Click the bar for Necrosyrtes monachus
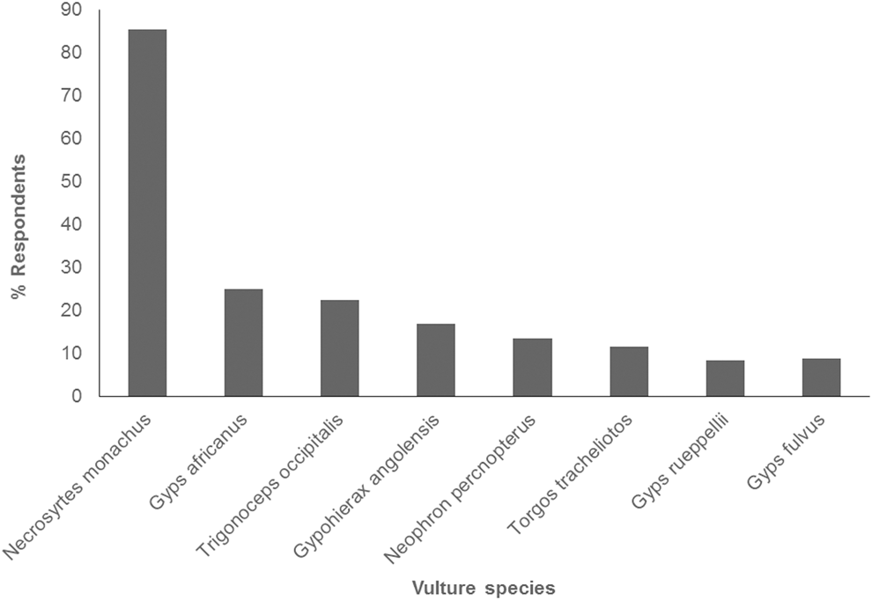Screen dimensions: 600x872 coord(147,213)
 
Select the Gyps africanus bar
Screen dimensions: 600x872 coord(243,342)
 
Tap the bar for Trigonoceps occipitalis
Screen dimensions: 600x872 coord(339,348)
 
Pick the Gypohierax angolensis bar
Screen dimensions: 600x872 coord(435,360)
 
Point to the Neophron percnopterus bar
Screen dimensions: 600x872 coord(532,367)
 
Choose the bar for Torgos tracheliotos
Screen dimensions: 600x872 coord(628,371)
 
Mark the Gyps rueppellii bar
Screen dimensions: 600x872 coord(724,378)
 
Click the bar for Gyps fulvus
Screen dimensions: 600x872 coord(821,377)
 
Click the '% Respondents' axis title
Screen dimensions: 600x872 coord(18,227)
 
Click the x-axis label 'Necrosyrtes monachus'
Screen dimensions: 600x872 coord(79,484)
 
